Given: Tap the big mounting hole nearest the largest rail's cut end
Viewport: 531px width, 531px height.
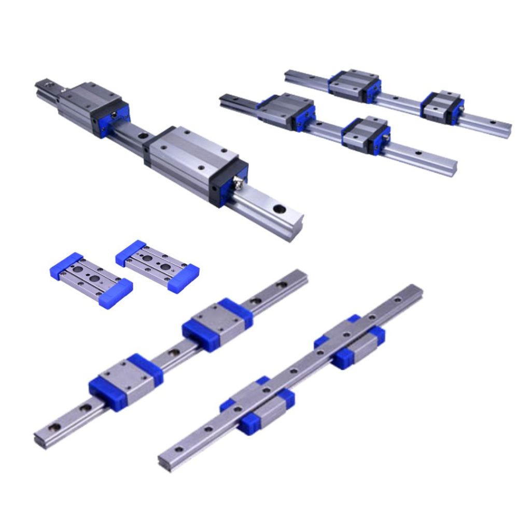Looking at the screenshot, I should point(280,209).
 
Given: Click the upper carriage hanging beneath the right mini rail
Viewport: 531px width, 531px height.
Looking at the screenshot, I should point(350,344).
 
